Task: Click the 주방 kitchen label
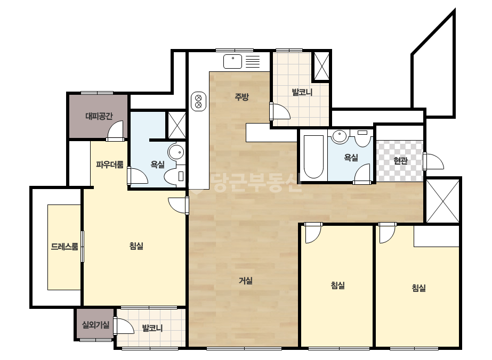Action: click(241, 96)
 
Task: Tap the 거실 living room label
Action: click(246, 281)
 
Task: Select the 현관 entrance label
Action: click(400, 161)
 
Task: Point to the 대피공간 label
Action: click(99, 116)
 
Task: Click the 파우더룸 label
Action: click(109, 165)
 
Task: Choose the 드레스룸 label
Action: click(64, 247)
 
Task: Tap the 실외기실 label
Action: click(96, 325)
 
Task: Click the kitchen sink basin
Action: click(232, 61)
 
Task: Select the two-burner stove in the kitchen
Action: click(198, 101)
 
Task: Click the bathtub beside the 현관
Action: click(314, 157)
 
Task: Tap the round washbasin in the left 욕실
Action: click(176, 152)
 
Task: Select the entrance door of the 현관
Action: click(433, 161)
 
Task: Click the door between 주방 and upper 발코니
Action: click(280, 111)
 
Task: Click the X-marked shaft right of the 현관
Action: click(443, 201)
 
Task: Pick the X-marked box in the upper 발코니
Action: click(321, 66)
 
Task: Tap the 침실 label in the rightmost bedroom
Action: click(418, 288)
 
